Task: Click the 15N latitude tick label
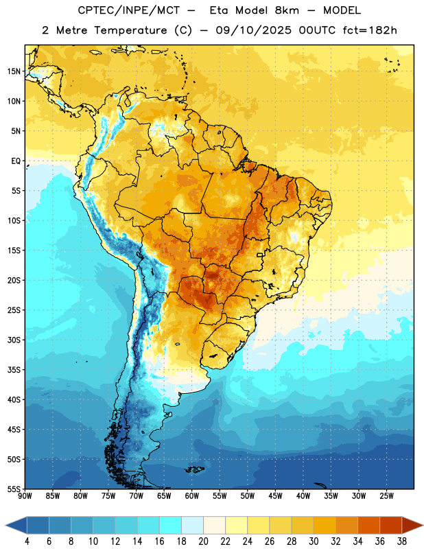click(13, 71)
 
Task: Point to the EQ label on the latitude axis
click(16, 161)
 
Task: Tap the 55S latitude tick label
click(13, 489)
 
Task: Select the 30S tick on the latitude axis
click(13, 340)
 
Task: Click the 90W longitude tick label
click(25, 495)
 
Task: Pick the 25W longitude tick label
click(386, 495)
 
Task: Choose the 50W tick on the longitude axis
click(248, 495)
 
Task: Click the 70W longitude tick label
click(137, 495)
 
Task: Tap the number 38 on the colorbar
click(402, 541)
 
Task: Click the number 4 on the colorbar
click(27, 541)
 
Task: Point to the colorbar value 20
click(203, 541)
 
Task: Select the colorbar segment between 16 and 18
click(171, 525)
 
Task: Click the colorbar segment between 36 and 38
click(391, 525)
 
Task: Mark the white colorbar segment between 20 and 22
click(215, 525)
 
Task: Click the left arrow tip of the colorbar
click(5, 525)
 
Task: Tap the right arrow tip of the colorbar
click(423, 525)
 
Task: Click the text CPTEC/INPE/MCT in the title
click(129, 10)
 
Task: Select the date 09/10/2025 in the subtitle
click(253, 30)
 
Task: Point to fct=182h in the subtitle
click(370, 30)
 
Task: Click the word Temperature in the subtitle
click(130, 31)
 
